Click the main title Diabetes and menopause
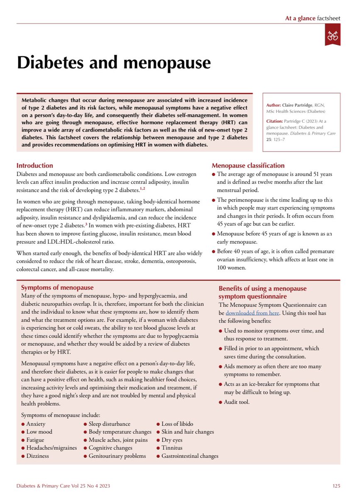pos(113,63)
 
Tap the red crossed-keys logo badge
pos(333,34)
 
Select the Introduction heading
pos(34,166)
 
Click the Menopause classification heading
pos(248,166)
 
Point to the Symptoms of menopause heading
pos(57,288)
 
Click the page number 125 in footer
pos(336,486)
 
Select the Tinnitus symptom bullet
pos(172,448)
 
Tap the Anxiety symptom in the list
pos(36,424)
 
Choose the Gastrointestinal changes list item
pos(190,456)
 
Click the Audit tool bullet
pos(237,402)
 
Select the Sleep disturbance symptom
pos(109,424)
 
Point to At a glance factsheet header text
pos(312,18)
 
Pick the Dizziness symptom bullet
pos(37,456)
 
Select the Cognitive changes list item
pos(110,448)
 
